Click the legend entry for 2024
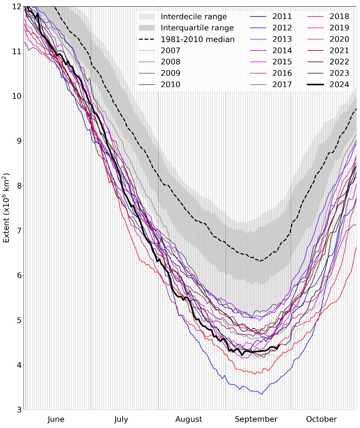[x=339, y=85]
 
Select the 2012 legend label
[x=282, y=28]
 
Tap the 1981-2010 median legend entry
[x=198, y=39]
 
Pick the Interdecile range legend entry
[x=193, y=16]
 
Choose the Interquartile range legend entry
[x=197, y=28]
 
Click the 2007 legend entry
[x=170, y=50]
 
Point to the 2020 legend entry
[x=339, y=39]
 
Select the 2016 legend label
[x=282, y=73]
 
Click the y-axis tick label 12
[x=16, y=6]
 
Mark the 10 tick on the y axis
[x=16, y=96]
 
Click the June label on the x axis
[x=56, y=419]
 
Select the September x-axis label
[x=256, y=419]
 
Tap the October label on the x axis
[x=321, y=419]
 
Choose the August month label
[x=189, y=419]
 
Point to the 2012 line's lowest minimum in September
[x=261, y=394]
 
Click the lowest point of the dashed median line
[x=260, y=261]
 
